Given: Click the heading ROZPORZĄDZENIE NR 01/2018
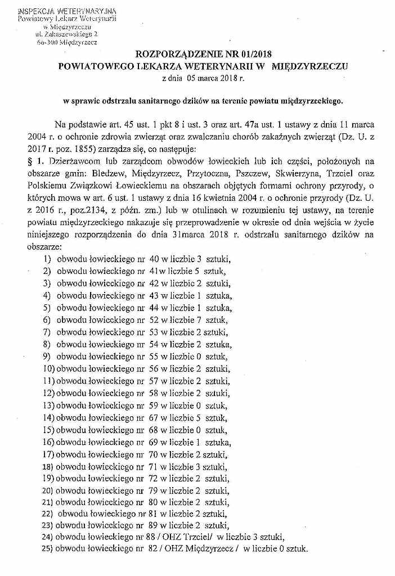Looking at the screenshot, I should pos(204,54).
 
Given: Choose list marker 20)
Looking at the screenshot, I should pos(48,490).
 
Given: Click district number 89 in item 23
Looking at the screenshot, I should pos(155,525).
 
